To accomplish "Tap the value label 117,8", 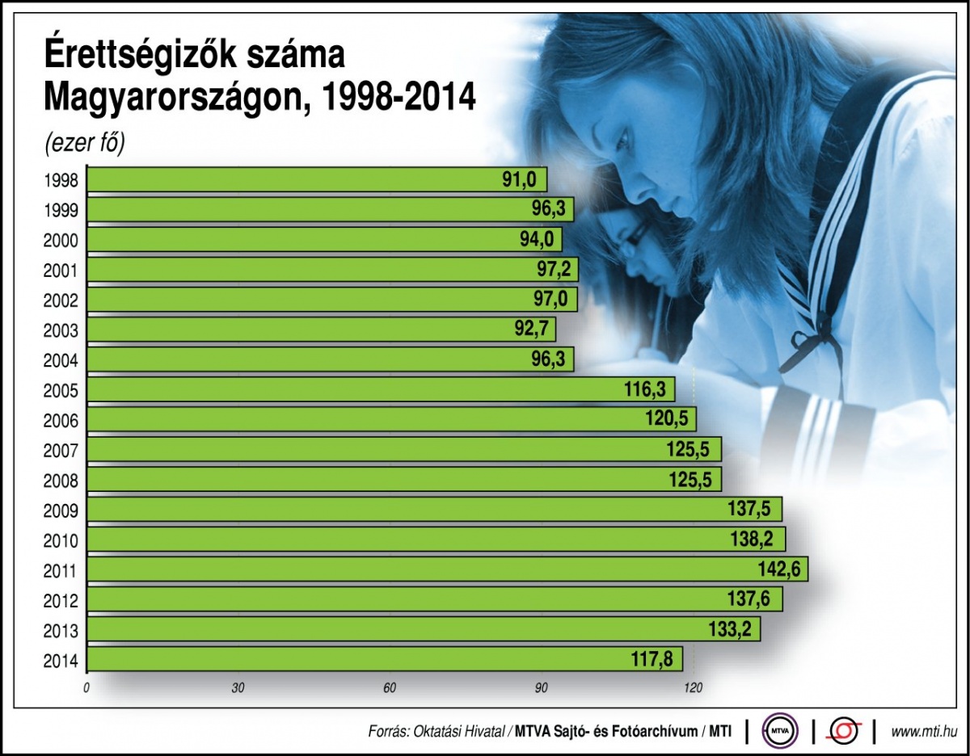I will tap(653, 659).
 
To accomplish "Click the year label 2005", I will tap(61, 392).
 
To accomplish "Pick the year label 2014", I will tap(61, 661).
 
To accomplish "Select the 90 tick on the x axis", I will tap(541, 688).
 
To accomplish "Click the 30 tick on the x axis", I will tap(238, 688).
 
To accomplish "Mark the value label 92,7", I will tap(530, 330).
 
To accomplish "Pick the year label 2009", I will tap(61, 511).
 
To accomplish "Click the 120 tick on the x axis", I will tap(692, 688).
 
